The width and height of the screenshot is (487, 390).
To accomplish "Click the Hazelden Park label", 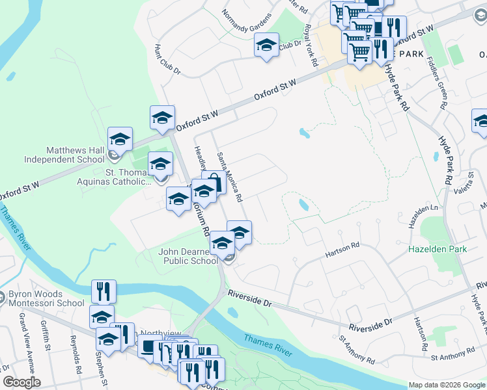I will (x=434, y=249).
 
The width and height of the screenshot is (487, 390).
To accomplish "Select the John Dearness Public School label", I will (x=189, y=256).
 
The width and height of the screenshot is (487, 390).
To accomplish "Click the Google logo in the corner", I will (x=21, y=382).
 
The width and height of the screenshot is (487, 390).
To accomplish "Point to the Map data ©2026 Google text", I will (x=447, y=385).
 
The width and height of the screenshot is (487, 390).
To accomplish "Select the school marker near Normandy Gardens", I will (x=266, y=45).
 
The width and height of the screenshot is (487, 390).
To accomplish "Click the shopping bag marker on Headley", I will (x=213, y=183).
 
